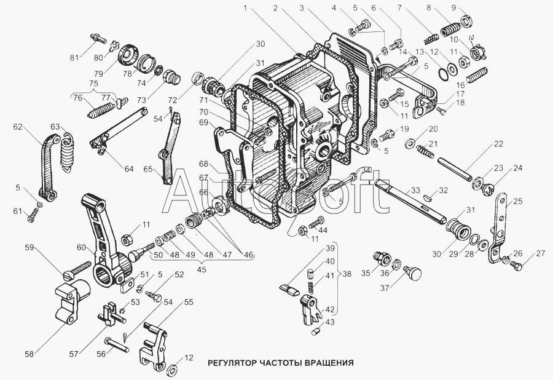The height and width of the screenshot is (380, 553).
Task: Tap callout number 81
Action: point(74,58)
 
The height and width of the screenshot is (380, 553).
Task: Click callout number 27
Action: point(540,254)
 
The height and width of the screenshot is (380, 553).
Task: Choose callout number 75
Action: point(93,84)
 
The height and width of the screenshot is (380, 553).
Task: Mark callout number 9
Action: point(471,8)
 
